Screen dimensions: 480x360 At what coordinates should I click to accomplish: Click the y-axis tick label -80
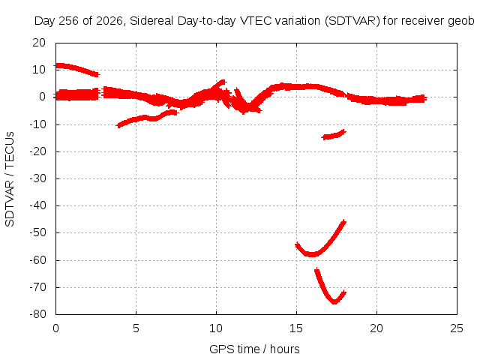click(38, 314)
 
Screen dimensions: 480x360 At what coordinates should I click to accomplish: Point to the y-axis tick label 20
click(39, 43)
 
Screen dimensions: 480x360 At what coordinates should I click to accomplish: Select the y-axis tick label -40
click(38, 205)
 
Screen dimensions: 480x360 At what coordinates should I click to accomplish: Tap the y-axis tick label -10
click(38, 124)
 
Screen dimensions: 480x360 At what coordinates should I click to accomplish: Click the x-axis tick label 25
click(457, 328)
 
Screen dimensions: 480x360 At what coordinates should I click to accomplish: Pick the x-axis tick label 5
click(136, 328)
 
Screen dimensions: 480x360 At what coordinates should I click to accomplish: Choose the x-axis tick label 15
click(296, 328)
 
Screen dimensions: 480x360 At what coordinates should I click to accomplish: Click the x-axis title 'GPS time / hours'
click(254, 349)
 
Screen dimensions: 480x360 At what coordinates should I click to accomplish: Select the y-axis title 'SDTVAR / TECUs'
click(10, 179)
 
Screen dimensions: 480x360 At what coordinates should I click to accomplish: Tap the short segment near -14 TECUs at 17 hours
click(334, 136)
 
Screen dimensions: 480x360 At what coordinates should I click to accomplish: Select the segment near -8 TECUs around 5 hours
click(147, 118)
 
